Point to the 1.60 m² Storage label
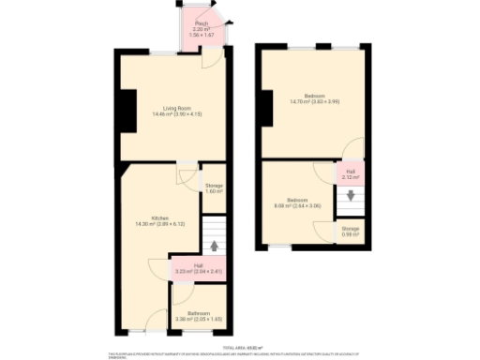point(214,187)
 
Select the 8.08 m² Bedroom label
point(297,202)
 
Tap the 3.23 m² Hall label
point(199,270)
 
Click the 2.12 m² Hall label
point(350,173)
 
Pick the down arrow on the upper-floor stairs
point(351,196)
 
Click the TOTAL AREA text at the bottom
point(239,347)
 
